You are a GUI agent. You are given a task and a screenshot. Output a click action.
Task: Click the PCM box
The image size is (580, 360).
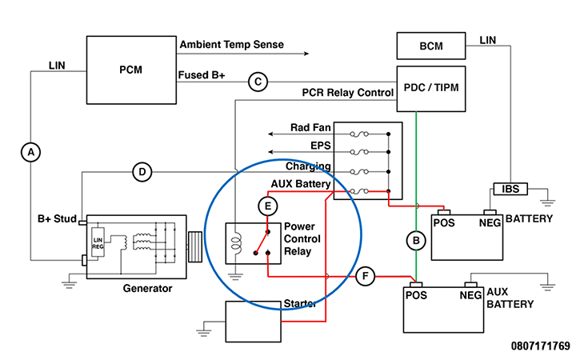coord(130,70)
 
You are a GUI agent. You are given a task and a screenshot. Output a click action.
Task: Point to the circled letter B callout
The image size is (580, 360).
coord(414,239)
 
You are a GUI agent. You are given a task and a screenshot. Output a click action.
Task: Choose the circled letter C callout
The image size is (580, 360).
coord(257,81)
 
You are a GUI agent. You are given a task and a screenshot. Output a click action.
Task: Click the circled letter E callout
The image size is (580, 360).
coord(268,206)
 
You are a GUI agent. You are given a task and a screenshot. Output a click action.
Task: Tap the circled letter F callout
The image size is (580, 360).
coord(365,277)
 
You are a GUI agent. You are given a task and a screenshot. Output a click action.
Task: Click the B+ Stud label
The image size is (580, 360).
coord(56,218)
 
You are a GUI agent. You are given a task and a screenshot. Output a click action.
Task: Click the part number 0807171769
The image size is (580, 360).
coord(541,346)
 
